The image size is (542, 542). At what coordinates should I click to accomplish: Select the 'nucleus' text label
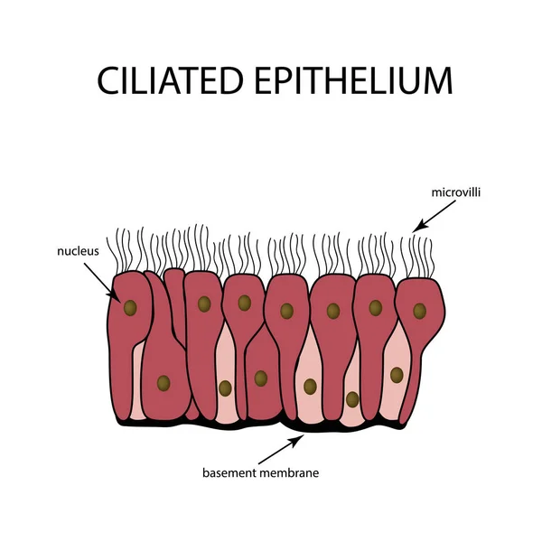[x=78, y=250]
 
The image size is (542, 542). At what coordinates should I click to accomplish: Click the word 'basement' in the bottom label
[x=230, y=472]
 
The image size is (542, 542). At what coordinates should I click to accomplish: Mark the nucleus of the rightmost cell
[x=419, y=311]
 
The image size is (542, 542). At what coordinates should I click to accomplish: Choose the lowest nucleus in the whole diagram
[x=352, y=398]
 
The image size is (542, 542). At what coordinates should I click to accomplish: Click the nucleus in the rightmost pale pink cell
[x=396, y=373]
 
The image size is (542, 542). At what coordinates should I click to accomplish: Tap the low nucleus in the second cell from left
[x=163, y=383]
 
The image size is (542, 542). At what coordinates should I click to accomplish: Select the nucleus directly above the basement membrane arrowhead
[x=310, y=386]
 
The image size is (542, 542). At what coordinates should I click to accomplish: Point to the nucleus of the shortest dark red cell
[x=260, y=378]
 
